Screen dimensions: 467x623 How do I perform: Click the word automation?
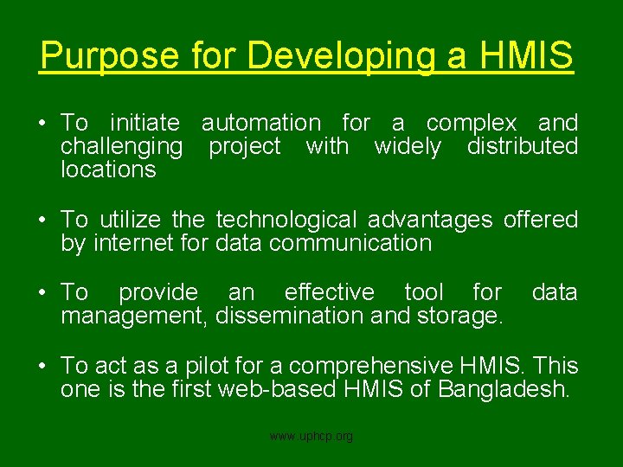coord(260,124)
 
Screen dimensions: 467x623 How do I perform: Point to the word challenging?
coord(121,147)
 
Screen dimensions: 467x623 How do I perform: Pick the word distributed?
coord(522,146)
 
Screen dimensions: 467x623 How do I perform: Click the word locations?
coord(108,170)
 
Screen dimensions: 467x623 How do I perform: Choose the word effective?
coord(329,292)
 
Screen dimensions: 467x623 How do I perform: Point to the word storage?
coord(459,316)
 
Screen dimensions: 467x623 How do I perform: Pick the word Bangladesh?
coord(504,389)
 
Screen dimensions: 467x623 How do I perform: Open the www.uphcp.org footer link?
coord(311,437)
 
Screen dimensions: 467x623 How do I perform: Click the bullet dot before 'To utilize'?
coord(42,221)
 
